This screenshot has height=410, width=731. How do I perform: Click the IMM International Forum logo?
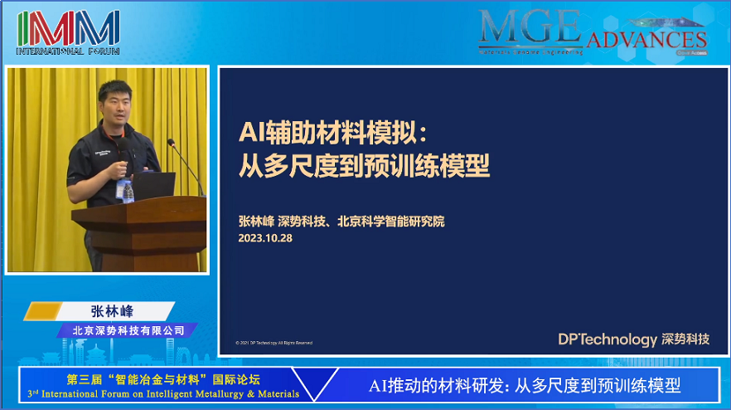(x=68, y=32)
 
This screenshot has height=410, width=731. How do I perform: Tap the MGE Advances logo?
(x=592, y=33)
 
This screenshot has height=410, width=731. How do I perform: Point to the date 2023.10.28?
(x=265, y=237)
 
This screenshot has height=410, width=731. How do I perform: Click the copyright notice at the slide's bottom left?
(x=274, y=342)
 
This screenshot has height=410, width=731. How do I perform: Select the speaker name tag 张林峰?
(x=112, y=311)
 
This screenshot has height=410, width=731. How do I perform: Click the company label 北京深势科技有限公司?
(x=128, y=330)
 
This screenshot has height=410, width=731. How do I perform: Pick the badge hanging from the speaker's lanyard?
(x=127, y=190)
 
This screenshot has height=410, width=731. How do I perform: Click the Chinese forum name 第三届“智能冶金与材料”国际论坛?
(x=162, y=379)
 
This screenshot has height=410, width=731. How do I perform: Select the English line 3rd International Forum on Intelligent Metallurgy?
(x=163, y=393)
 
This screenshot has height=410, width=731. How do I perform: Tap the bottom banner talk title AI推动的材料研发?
(x=524, y=386)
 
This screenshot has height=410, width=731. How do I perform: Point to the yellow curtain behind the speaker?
(x=41, y=166)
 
